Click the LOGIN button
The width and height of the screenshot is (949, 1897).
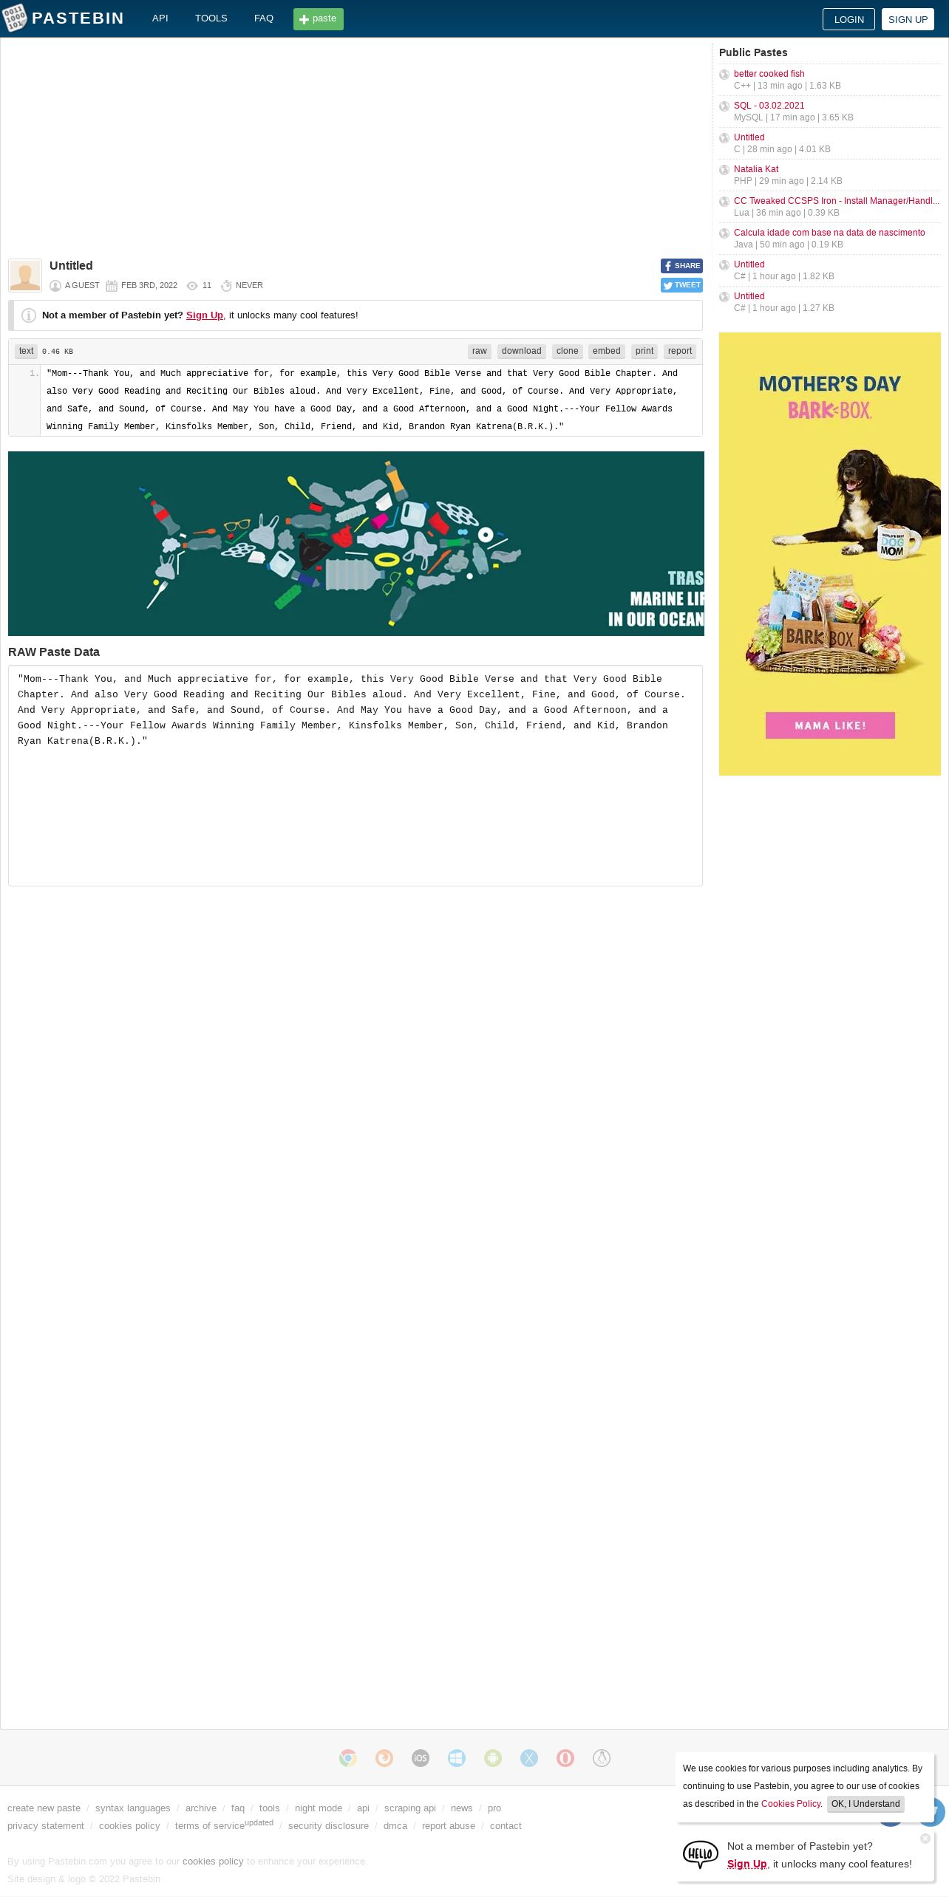(x=848, y=19)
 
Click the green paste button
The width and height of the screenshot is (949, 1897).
(x=319, y=19)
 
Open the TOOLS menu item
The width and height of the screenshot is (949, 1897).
(x=211, y=18)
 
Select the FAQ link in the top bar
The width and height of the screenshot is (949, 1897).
(x=264, y=18)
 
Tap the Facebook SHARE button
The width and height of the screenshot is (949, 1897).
(x=681, y=266)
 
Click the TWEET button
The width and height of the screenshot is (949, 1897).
(x=681, y=285)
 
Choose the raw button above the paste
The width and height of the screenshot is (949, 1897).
(x=480, y=352)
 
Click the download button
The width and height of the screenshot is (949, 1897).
(x=522, y=352)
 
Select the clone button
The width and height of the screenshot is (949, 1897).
(x=568, y=352)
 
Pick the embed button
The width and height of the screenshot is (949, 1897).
(x=607, y=352)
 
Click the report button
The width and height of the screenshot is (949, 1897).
(x=680, y=352)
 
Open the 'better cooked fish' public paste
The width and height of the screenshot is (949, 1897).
(x=769, y=74)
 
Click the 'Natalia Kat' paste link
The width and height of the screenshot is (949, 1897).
(x=756, y=169)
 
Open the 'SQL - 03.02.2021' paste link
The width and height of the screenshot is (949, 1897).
(x=769, y=106)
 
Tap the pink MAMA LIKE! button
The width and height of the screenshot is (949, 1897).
(x=830, y=725)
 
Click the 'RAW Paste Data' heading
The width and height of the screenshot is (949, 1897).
(x=54, y=652)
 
